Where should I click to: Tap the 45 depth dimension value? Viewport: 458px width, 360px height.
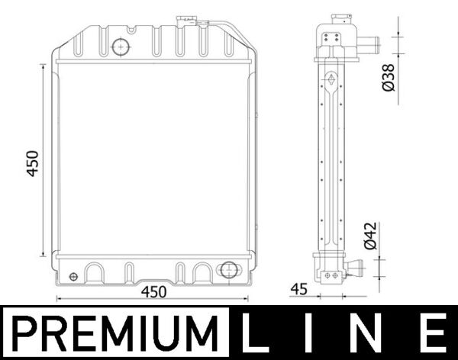[298, 290]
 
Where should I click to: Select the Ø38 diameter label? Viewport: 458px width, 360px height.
[388, 77]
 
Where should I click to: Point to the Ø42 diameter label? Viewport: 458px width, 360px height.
[369, 237]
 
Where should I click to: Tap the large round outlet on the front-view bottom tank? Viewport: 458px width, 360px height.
[227, 270]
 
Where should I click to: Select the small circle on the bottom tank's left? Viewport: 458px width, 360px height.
[73, 275]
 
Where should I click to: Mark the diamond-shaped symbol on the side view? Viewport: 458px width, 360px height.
[331, 79]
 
